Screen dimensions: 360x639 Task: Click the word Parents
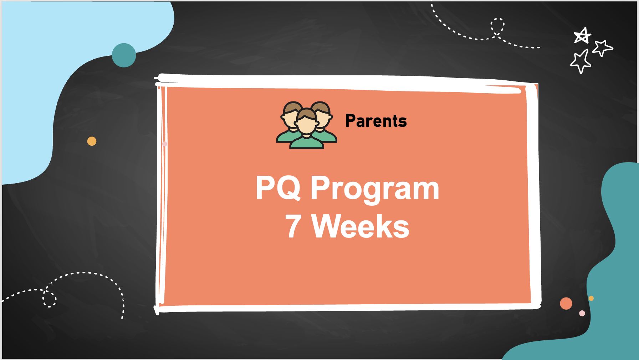coord(376,121)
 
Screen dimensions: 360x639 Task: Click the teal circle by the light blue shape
coord(124,55)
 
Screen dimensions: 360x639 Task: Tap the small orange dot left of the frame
coord(92,141)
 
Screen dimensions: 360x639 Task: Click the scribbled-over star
coord(582,36)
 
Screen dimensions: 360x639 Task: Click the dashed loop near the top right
coord(497,27)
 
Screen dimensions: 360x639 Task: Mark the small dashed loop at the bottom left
coord(49,299)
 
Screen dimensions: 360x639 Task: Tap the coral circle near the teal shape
coord(566,303)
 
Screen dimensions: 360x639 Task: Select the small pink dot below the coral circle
coord(582,313)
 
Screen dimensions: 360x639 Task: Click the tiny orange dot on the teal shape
coord(591,298)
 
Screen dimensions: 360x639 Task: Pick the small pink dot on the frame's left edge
coord(165,144)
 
